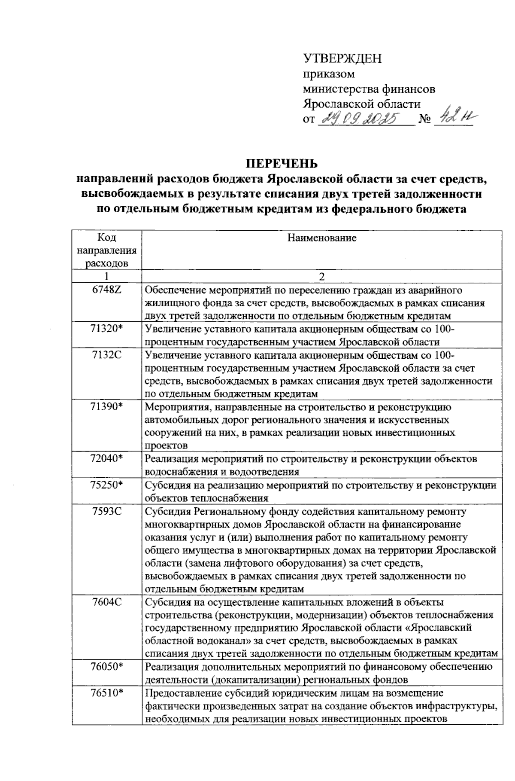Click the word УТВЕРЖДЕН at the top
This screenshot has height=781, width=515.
(x=342, y=59)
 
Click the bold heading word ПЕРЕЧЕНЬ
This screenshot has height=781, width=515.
(x=282, y=164)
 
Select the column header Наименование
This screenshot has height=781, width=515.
(x=322, y=238)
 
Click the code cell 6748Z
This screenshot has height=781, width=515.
(x=107, y=290)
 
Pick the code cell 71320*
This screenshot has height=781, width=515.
(x=107, y=329)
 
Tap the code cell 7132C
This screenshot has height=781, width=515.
(x=107, y=355)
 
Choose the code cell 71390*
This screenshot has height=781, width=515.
(x=107, y=406)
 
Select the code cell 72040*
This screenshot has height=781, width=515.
(x=107, y=458)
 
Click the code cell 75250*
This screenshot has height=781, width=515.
(x=107, y=485)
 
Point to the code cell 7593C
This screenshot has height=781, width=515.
(x=107, y=511)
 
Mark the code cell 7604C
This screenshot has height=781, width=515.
(x=107, y=601)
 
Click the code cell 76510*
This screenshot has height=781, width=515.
(x=107, y=693)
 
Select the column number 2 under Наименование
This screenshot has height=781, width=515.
(x=322, y=276)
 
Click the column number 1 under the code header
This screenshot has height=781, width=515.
(x=106, y=276)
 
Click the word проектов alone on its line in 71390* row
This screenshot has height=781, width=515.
(x=167, y=445)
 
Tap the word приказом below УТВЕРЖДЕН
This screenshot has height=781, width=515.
(x=329, y=74)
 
